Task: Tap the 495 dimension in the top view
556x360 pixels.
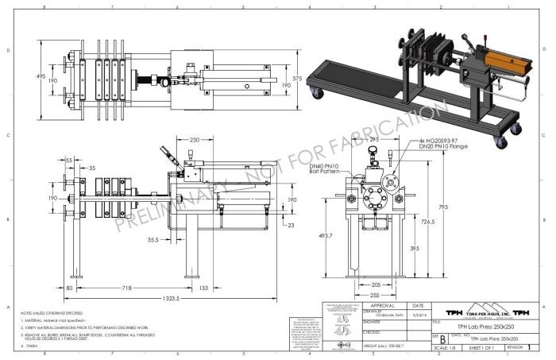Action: coord(40,76)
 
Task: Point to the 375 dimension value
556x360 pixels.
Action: coord(297,79)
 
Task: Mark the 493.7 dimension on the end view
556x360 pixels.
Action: coord(326,235)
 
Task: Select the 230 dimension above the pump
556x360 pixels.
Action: coord(194,140)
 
